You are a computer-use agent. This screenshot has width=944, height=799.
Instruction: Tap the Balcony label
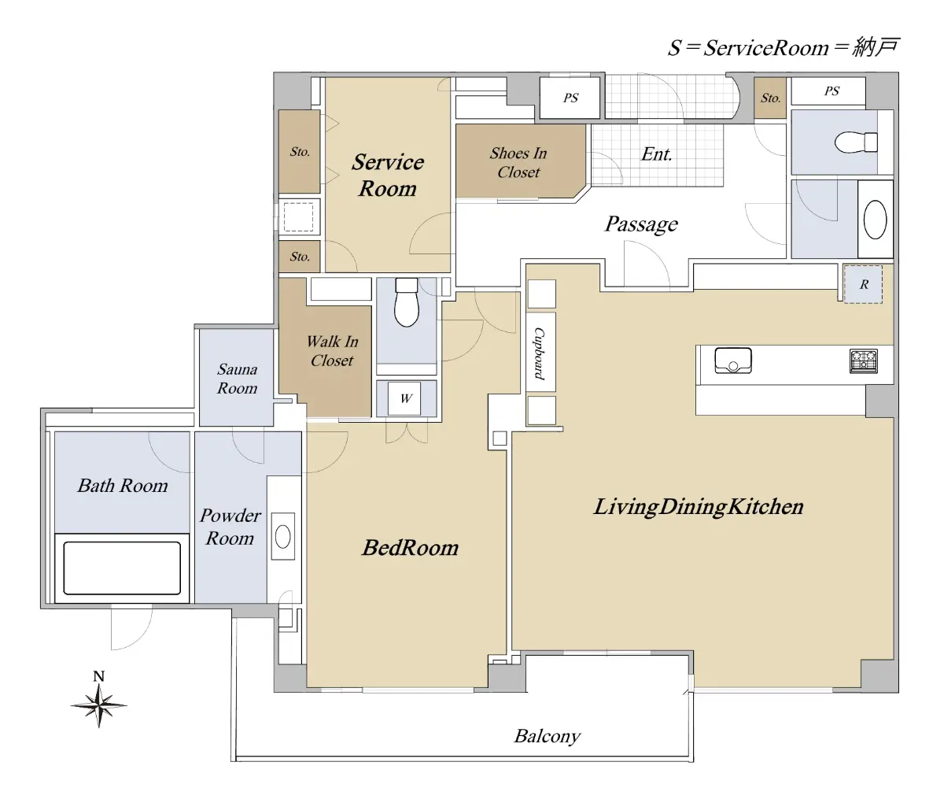(548, 736)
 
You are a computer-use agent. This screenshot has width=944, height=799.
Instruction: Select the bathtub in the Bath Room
(122, 568)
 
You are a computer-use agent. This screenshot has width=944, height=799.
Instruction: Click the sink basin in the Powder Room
(282, 537)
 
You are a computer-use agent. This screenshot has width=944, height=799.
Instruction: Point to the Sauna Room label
(237, 379)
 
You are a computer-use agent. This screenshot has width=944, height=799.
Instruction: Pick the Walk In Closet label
(332, 351)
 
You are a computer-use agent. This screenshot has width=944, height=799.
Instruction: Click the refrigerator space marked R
(863, 284)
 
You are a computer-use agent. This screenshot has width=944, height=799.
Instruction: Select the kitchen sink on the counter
(733, 361)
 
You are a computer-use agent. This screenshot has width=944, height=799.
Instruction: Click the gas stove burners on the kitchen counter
(863, 361)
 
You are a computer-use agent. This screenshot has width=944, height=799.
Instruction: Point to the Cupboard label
(540, 353)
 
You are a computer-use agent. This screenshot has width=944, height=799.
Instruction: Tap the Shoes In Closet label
(518, 163)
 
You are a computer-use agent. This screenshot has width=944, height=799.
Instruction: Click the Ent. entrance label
(657, 154)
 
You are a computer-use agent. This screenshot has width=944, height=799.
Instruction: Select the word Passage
(641, 224)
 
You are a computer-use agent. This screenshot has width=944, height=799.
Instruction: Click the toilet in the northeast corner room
(856, 142)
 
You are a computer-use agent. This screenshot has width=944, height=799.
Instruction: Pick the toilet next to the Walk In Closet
(407, 302)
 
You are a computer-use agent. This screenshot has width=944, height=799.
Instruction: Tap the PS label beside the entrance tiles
(570, 98)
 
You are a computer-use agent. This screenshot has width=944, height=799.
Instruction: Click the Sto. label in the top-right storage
(770, 98)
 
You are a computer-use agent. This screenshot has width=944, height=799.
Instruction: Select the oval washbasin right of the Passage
(875, 220)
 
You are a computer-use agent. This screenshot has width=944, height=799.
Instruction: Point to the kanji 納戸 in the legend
(876, 47)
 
